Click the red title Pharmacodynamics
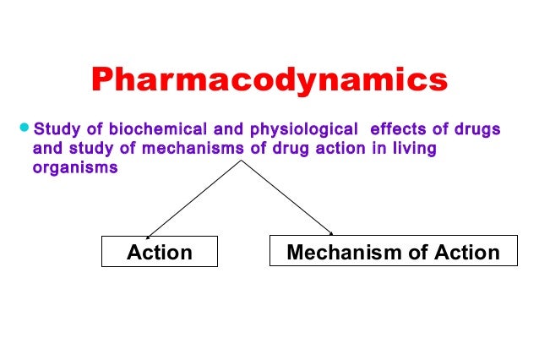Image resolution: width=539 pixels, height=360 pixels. pyautogui.click(x=269, y=81)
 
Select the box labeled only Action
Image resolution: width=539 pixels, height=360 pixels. pyautogui.click(x=159, y=252)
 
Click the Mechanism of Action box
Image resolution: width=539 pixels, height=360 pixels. pyautogui.click(x=393, y=252)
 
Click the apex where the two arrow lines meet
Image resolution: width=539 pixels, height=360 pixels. pyautogui.click(x=242, y=160)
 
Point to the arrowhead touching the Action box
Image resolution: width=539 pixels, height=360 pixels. pyautogui.click(x=150, y=235)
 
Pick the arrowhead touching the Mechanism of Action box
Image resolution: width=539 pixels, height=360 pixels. pyautogui.click(x=331, y=233)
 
